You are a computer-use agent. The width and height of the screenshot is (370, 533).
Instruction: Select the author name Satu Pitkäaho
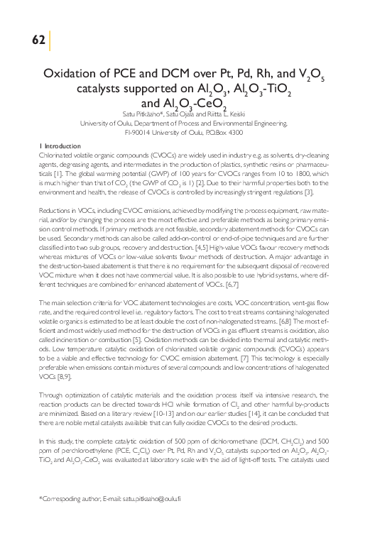click(x=143, y=114)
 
